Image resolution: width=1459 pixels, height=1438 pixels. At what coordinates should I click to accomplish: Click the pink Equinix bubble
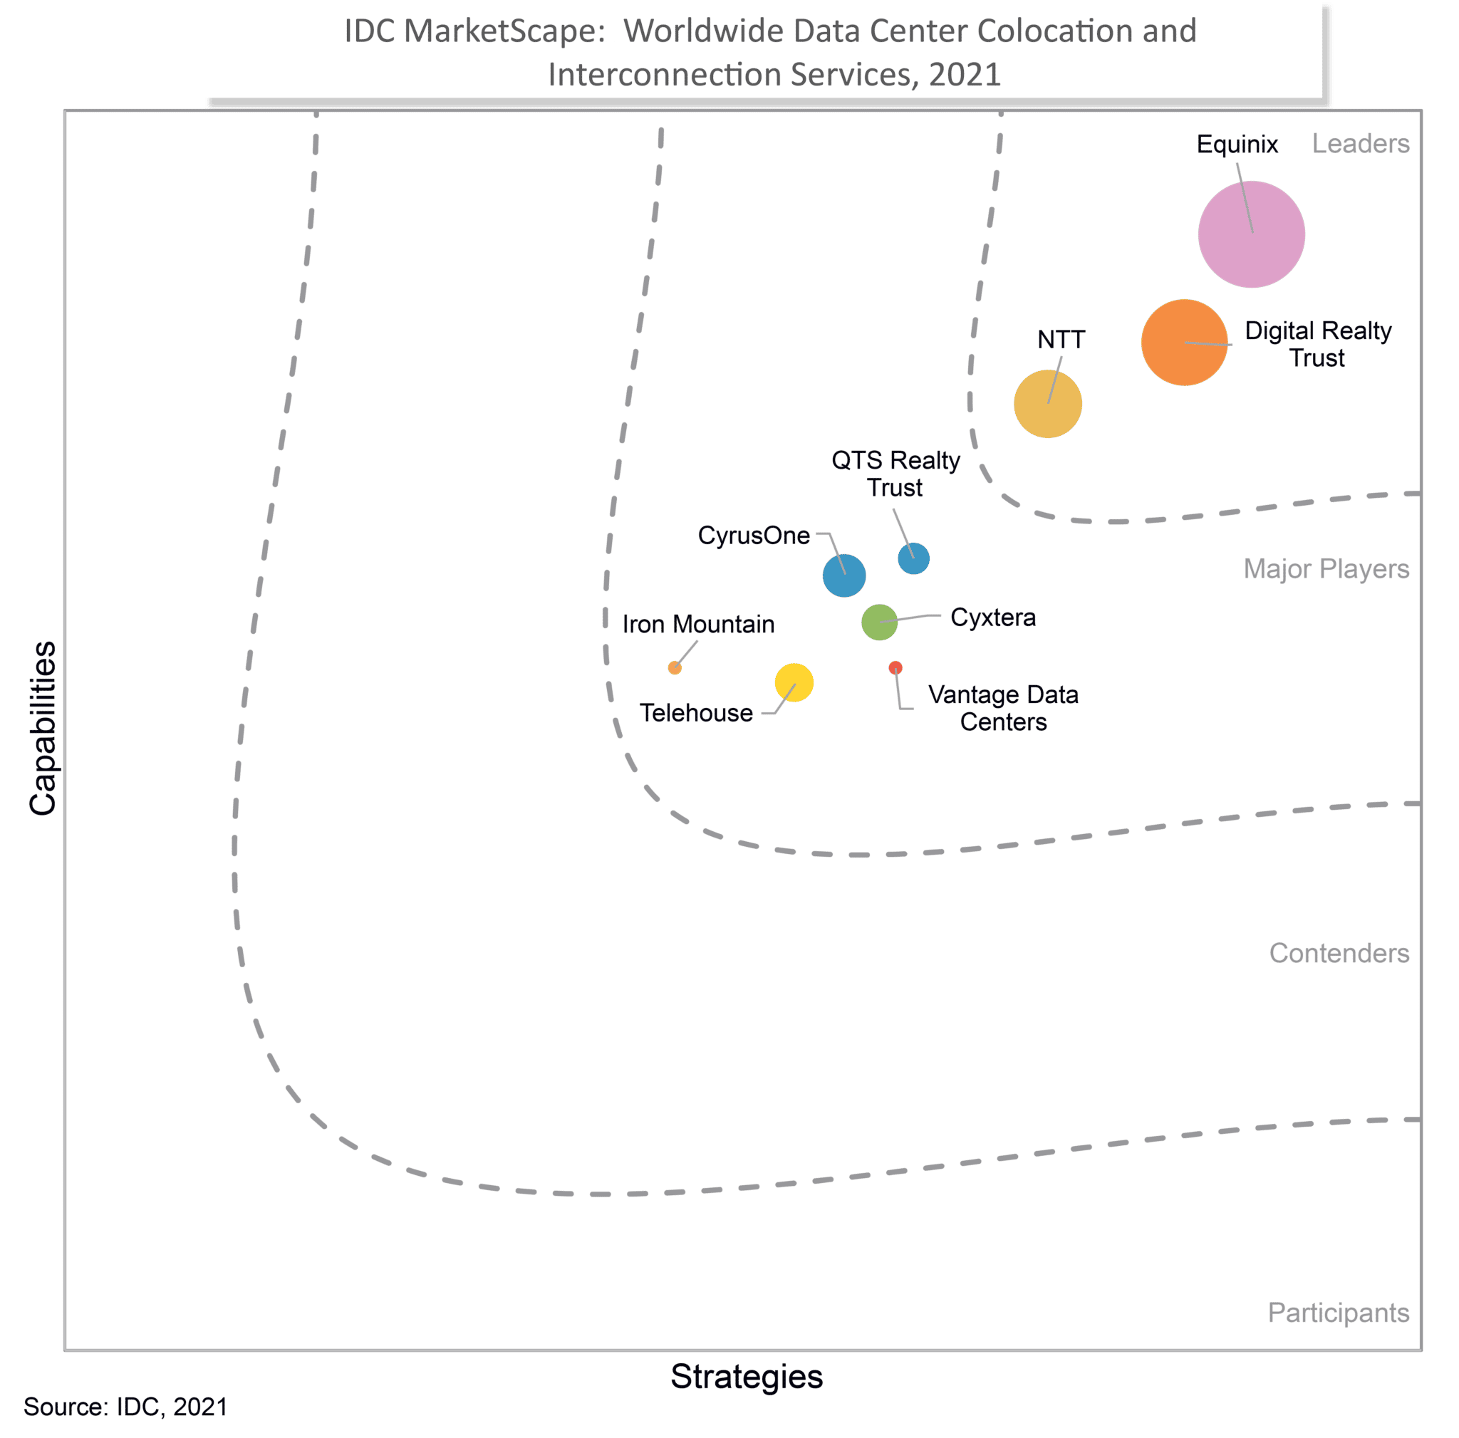1251,234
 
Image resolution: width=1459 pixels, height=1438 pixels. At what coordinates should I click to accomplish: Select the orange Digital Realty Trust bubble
1184,342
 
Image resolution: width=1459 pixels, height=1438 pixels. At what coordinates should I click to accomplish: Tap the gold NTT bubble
1047,403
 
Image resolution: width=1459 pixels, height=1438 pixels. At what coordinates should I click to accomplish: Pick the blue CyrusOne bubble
843,575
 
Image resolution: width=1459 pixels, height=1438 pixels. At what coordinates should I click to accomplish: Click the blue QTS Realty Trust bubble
913,558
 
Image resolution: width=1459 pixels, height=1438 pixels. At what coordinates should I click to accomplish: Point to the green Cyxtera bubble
879,622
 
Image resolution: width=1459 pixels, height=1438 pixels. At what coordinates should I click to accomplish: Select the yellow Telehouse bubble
794,682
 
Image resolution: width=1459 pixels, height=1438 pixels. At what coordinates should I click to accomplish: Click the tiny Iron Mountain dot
675,667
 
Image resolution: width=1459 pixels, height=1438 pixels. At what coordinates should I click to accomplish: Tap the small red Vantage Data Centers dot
895,667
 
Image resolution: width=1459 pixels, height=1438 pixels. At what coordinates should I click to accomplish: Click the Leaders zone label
1360,143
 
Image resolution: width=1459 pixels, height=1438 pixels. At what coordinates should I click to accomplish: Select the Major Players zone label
1325,568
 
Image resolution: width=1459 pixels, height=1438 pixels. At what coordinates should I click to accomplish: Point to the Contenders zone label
1338,953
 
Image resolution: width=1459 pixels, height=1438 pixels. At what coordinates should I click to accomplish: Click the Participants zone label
1337,1312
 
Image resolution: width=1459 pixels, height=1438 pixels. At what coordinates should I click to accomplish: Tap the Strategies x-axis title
746,1376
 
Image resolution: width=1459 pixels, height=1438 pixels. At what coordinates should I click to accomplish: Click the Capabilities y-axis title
42,728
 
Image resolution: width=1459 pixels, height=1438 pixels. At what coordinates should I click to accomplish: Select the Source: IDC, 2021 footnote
125,1406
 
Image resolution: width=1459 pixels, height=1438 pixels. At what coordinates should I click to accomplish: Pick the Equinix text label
1236,143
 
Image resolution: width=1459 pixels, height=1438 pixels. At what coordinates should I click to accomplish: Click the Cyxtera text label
992,618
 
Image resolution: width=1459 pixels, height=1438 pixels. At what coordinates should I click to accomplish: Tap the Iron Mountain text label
697,624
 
